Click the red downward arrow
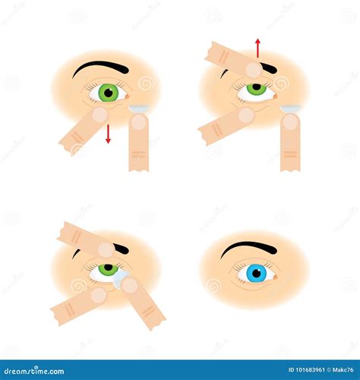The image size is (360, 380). coord(108,135)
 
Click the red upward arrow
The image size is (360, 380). coord(257,48)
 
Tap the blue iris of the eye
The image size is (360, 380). coord(256,272)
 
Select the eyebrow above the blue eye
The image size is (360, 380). coord(248,248)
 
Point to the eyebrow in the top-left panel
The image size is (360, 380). coord(100,68)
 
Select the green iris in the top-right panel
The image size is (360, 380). coord(257,90)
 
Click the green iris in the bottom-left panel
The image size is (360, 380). coord(109,268)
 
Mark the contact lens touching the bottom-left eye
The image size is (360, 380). coord(120,280)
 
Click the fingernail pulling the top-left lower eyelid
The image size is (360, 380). coord(99,115)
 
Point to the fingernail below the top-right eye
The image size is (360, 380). coord(245,115)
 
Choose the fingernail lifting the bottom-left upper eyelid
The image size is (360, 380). coord(106,250)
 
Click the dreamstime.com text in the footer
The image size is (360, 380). coord(34,372)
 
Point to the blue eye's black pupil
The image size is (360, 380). coord(256,272)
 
